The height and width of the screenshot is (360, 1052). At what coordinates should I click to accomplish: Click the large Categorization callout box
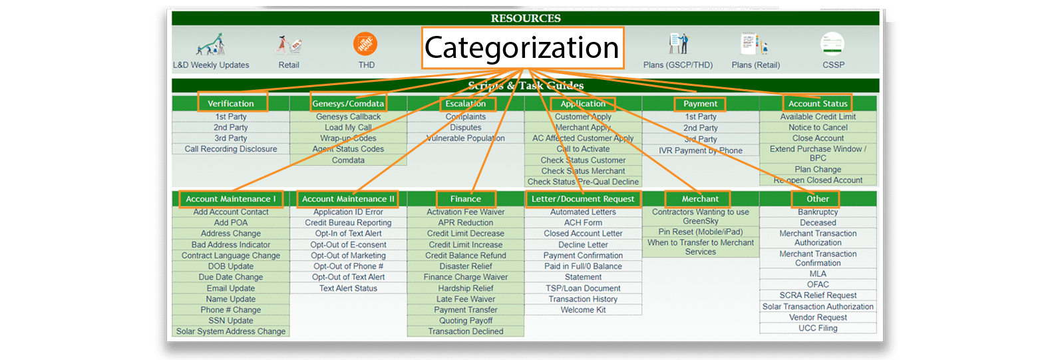[x=522, y=48]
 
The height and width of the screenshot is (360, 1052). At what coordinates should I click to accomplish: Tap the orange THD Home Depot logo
[x=365, y=45]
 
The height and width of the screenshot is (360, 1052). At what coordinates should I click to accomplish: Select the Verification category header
[x=231, y=103]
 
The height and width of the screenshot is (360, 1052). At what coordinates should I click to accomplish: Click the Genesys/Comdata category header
[x=348, y=103]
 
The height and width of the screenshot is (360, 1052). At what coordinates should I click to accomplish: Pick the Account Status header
[x=818, y=103]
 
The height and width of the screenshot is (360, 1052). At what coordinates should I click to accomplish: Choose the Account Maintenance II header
[x=348, y=199]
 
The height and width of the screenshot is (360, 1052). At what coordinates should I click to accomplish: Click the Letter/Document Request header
[x=583, y=199]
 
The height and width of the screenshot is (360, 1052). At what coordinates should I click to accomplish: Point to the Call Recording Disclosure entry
[x=231, y=149]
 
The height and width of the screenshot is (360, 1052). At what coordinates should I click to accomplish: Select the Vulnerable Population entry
[x=466, y=138]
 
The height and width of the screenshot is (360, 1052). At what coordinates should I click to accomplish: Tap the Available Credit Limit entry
[x=818, y=116]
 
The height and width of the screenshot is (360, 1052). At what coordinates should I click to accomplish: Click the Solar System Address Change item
[x=231, y=331]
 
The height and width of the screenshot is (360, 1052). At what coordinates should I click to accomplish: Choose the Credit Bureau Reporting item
[x=348, y=223]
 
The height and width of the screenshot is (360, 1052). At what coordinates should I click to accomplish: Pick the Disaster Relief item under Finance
[x=466, y=266]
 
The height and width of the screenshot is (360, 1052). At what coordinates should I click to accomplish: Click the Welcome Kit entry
[x=583, y=310]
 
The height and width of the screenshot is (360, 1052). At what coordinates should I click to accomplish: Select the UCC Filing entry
[x=818, y=328]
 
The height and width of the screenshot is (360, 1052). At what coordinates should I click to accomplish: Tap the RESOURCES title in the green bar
[x=526, y=18]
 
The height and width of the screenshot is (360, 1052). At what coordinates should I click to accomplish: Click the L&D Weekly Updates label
[x=211, y=65]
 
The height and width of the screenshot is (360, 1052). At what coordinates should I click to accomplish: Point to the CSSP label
[x=833, y=65]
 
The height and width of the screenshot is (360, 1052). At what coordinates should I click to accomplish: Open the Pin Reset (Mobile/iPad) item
[x=701, y=232]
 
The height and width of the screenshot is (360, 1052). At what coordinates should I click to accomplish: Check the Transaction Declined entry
[x=466, y=331]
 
